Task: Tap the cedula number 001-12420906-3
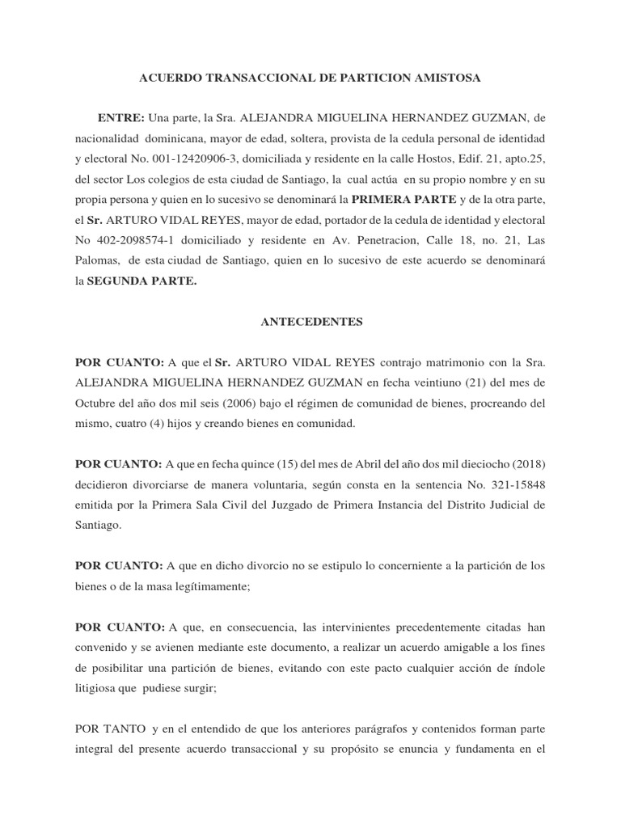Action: (x=182, y=158)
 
